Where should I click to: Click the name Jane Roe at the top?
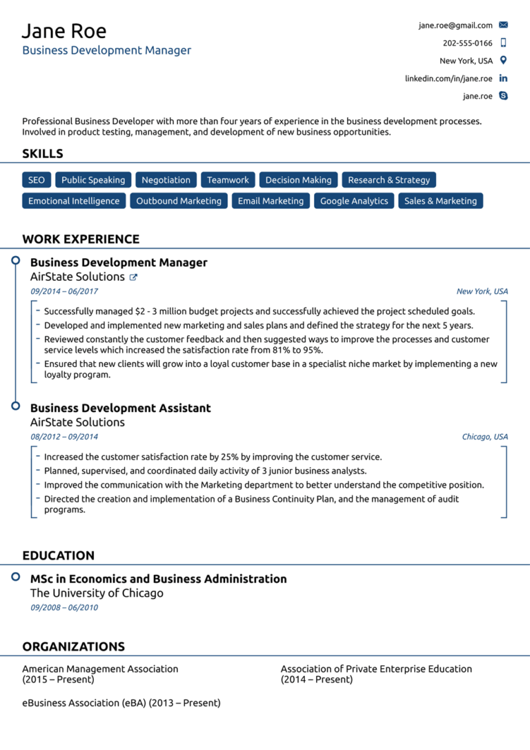[64, 31]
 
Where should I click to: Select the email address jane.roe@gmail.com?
[455, 26]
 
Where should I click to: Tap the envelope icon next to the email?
[503, 25]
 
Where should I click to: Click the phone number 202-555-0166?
[468, 43]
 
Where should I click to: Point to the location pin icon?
[503, 60]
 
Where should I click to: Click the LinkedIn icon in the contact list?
[503, 79]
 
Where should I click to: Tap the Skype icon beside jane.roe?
[503, 96]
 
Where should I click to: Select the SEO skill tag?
[37, 180]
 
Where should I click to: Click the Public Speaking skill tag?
[93, 180]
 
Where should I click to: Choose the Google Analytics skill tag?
[354, 201]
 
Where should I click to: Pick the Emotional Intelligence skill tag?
[74, 201]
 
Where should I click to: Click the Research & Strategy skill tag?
[389, 180]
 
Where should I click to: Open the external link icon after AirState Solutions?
[134, 277]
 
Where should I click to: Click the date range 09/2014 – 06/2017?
[64, 292]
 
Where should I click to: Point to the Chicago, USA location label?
[484, 437]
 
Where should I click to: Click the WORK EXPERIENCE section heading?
[81, 239]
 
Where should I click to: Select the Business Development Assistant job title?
[121, 408]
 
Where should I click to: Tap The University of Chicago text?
[97, 593]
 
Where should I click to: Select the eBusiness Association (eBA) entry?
[121, 703]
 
